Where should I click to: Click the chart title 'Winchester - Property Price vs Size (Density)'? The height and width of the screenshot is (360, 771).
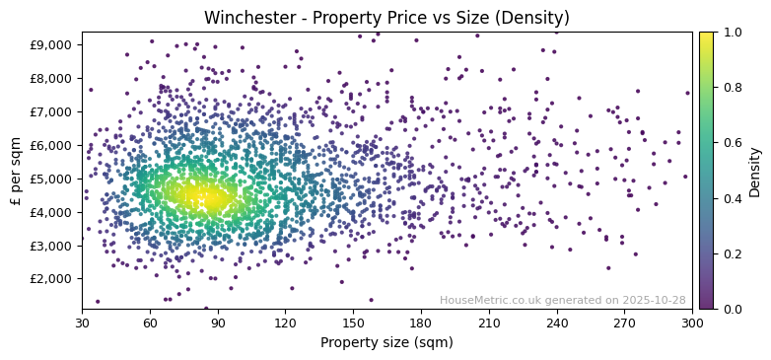[386, 18]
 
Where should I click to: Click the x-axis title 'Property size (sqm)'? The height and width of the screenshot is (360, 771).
[386, 342]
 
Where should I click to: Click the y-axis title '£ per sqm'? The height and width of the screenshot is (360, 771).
[16, 170]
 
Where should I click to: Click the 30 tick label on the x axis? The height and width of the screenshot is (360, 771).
[82, 323]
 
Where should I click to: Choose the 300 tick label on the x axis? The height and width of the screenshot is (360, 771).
[692, 323]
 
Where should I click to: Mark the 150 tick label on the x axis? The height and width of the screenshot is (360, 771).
[353, 323]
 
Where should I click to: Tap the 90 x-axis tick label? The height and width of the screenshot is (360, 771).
[218, 323]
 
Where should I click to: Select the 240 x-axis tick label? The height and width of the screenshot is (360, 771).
[557, 323]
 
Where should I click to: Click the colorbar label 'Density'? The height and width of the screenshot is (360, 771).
[754, 170]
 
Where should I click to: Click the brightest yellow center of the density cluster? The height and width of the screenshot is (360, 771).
[209, 198]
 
